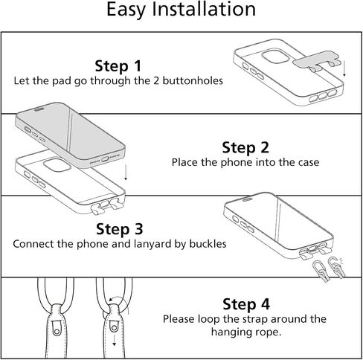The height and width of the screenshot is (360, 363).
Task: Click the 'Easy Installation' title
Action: click(181, 10)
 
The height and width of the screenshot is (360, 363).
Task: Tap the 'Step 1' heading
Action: click(118, 66)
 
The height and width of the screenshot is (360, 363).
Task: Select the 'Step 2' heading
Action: click(245, 148)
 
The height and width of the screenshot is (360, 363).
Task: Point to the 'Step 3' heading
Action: click(120, 229)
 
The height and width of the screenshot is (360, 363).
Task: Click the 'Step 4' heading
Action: click(246, 304)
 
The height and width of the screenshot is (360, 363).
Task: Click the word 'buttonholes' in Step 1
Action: click(193, 81)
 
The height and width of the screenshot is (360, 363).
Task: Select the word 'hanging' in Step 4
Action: click(228, 332)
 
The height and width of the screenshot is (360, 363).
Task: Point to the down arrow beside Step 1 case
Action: click(344, 68)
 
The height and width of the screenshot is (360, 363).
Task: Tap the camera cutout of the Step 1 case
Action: click(275, 57)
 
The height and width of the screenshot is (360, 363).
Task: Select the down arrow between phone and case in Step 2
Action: click(126, 173)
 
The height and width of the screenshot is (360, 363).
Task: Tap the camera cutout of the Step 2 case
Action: click(57, 164)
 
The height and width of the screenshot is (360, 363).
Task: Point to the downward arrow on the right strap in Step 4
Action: click(114, 340)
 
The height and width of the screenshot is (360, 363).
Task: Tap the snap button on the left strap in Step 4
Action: click(57, 332)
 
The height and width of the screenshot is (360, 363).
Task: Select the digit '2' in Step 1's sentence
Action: click(155, 81)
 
